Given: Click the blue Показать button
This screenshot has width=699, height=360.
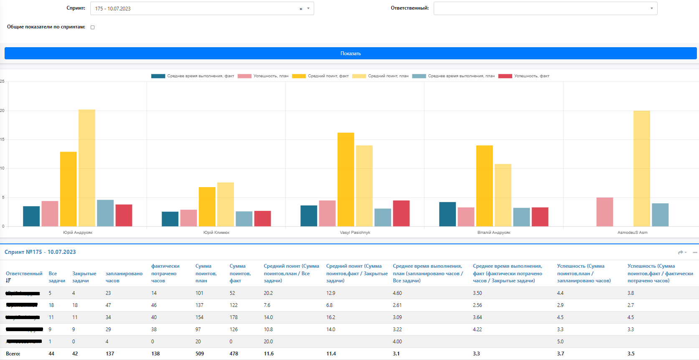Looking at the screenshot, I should [x=350, y=53].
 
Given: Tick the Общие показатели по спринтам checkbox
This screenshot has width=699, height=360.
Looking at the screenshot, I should [x=93, y=27].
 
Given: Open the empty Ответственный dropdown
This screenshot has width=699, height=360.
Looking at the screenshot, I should [x=545, y=8].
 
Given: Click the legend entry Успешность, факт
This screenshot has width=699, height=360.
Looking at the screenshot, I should [x=524, y=76].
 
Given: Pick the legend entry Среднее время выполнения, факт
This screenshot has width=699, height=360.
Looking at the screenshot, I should [x=193, y=76].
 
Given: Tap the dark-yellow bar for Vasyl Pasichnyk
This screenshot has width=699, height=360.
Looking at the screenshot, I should [x=346, y=180].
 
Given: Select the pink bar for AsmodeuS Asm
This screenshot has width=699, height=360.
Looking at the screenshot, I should [x=605, y=212].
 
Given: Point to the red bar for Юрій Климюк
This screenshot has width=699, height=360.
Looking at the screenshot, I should [x=262, y=218].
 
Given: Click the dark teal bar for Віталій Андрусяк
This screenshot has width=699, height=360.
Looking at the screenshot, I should [x=447, y=214].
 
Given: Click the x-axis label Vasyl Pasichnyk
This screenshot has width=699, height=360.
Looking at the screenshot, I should [x=355, y=233].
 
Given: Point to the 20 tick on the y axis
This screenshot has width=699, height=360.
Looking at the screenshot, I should [x=3, y=111].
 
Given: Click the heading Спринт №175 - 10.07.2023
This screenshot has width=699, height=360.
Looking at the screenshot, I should [x=40, y=252].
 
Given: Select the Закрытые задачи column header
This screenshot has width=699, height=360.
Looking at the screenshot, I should [x=84, y=277].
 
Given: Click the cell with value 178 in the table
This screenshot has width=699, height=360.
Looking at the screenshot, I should [x=234, y=317].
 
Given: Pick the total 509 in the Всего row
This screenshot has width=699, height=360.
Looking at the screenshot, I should [x=200, y=354].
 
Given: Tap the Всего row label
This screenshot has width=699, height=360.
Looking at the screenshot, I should [x=13, y=354].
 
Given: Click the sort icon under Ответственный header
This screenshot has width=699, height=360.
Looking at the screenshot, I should [x=8, y=281].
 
